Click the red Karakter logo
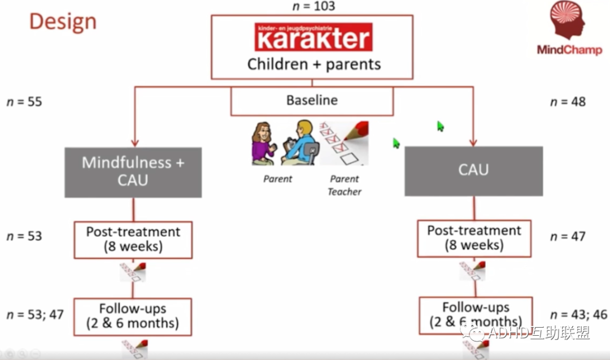click(x=313, y=37)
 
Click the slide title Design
click(x=63, y=21)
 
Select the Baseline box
click(x=312, y=101)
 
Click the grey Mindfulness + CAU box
click(x=133, y=172)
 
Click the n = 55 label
click(x=24, y=102)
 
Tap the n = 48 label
click(x=568, y=102)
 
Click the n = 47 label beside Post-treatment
click(x=568, y=236)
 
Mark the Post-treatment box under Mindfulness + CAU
click(x=133, y=239)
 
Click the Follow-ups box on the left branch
click(x=133, y=316)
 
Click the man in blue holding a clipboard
click(x=299, y=144)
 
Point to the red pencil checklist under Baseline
click(x=343, y=143)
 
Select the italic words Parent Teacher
click(x=345, y=185)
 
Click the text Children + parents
click(x=313, y=64)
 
